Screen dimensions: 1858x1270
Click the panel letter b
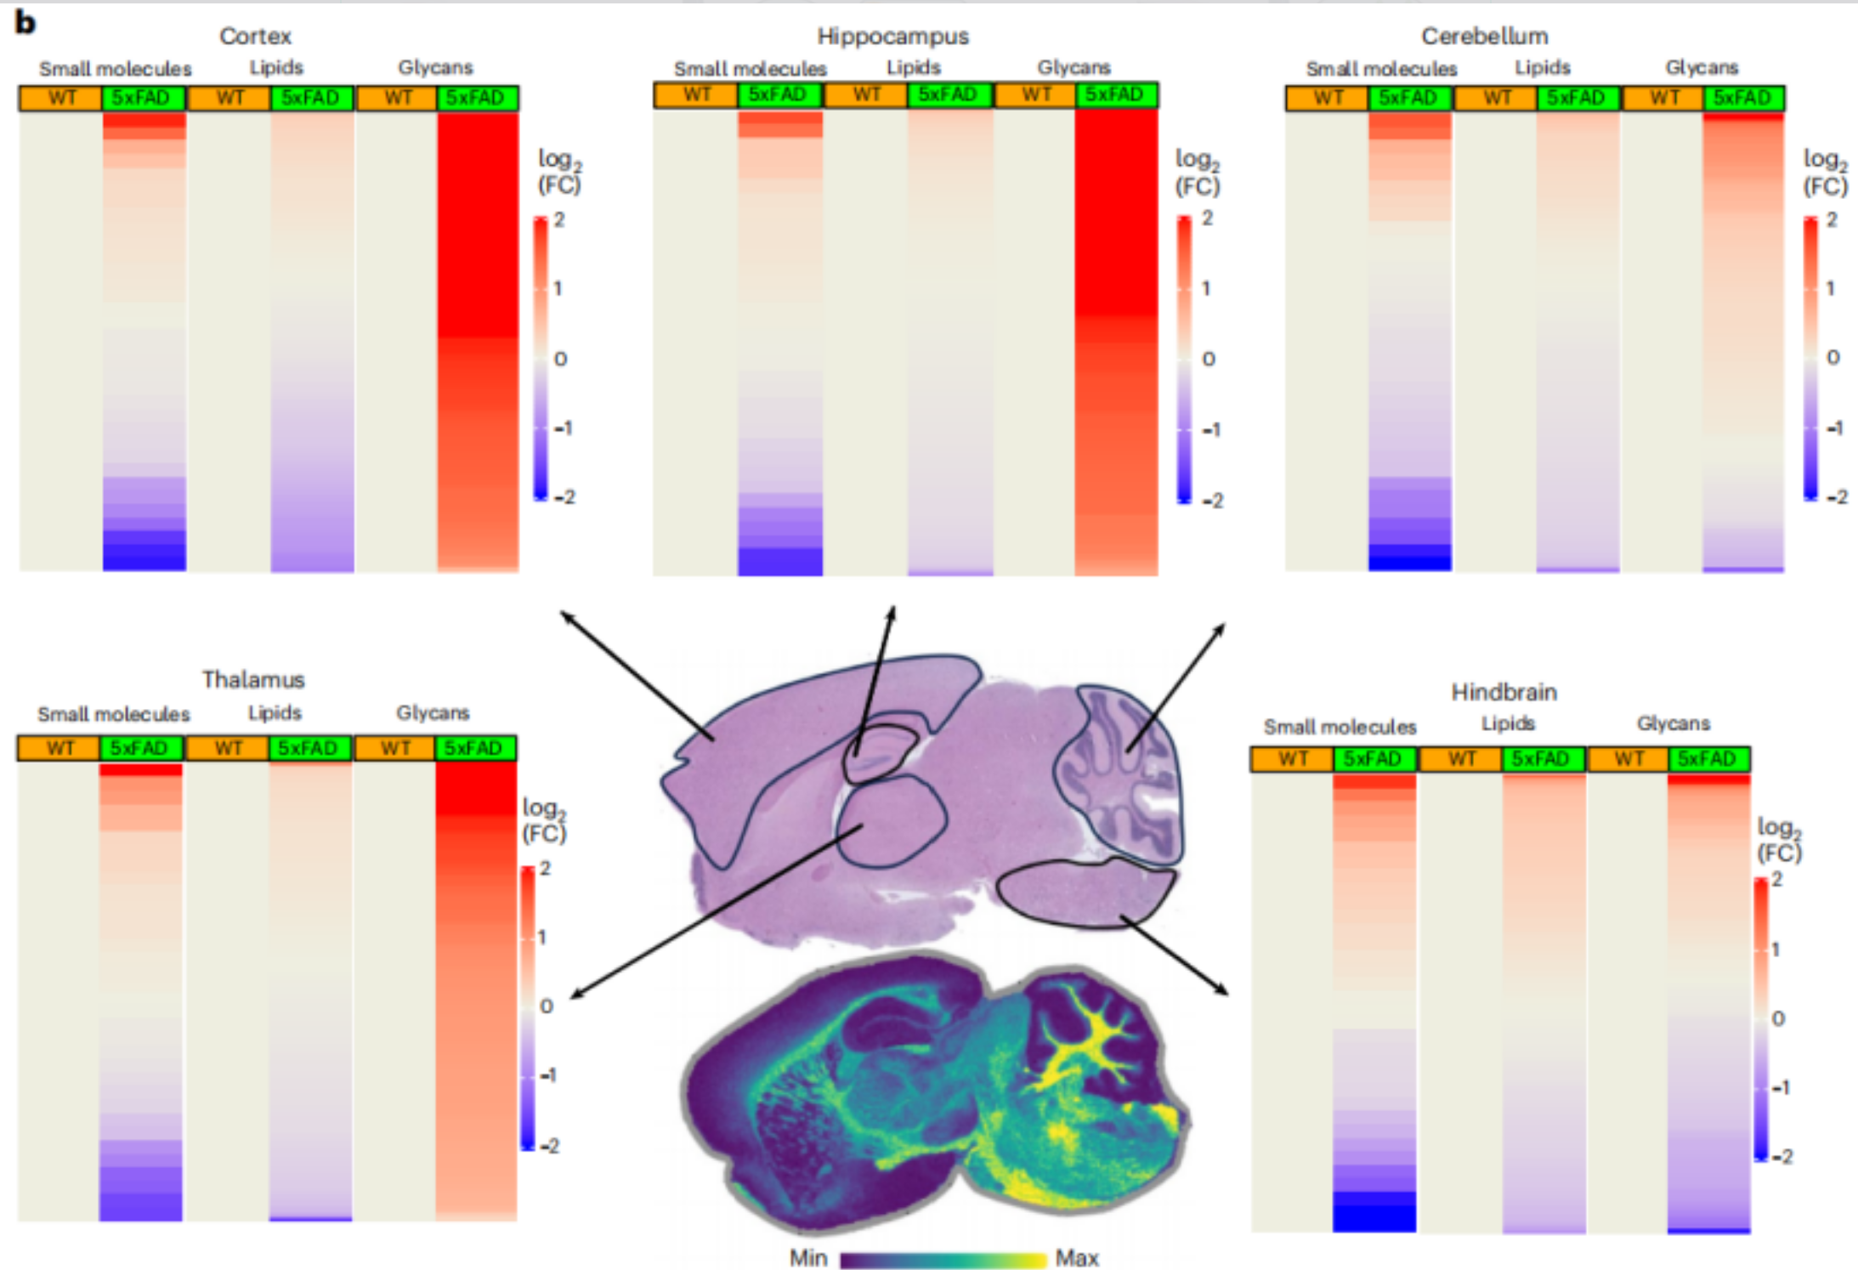point(25,22)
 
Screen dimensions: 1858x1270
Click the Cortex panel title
point(255,36)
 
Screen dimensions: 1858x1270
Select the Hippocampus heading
point(892,37)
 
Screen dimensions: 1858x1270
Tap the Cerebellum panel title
point(1484,36)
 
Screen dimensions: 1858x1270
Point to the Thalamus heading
point(252,679)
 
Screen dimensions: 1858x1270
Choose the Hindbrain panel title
point(1504,692)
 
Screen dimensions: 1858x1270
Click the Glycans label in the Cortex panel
point(435,67)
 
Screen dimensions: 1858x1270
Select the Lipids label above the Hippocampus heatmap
point(914,67)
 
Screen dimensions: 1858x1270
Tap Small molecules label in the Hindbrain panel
point(1340,727)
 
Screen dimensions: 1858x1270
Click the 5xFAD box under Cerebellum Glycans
point(1743,98)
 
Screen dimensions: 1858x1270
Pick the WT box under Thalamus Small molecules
point(59,748)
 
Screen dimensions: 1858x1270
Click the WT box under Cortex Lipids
point(229,98)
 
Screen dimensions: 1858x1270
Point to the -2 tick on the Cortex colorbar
point(564,496)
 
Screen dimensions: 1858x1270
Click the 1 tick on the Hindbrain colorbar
point(1776,949)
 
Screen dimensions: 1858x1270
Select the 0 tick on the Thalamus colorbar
point(547,1006)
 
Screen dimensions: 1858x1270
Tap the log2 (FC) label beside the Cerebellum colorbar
point(1825,172)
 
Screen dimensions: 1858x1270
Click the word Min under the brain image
point(807,1257)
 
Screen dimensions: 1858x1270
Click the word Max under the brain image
point(1077,1257)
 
